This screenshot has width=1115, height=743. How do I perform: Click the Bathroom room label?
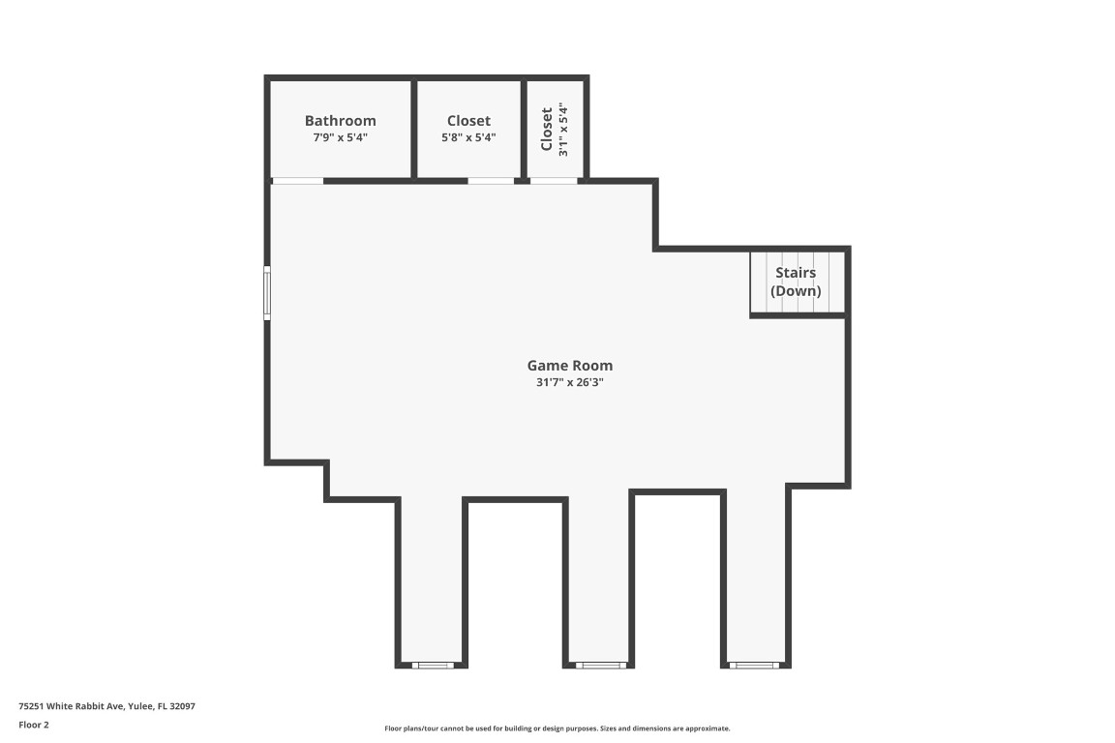[340, 121]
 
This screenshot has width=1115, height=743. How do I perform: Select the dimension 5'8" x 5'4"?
[468, 137]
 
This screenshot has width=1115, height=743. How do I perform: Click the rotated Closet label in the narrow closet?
[547, 129]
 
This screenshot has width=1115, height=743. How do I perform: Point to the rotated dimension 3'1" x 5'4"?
[562, 130]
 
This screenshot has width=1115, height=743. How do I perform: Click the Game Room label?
[569, 366]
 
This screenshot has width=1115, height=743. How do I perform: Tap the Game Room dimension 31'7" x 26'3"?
[569, 382]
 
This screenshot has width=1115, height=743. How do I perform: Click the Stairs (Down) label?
[796, 282]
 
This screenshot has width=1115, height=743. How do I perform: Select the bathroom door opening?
[297, 181]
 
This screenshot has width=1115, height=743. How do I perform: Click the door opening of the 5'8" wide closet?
[491, 181]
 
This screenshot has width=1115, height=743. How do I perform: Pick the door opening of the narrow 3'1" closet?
[554, 181]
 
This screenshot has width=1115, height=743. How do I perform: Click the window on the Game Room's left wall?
[267, 293]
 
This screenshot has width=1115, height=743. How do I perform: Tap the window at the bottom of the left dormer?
[433, 665]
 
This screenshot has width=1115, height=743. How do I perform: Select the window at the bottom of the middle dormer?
[600, 665]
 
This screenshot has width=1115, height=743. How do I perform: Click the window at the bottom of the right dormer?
[753, 665]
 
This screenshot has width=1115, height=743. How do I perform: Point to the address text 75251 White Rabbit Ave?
[106, 706]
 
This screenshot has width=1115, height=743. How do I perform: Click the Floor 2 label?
[33, 725]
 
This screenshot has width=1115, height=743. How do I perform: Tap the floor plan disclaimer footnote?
[557, 728]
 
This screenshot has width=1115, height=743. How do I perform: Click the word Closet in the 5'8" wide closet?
[468, 121]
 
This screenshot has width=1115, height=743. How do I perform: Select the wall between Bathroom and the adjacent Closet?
[414, 129]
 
